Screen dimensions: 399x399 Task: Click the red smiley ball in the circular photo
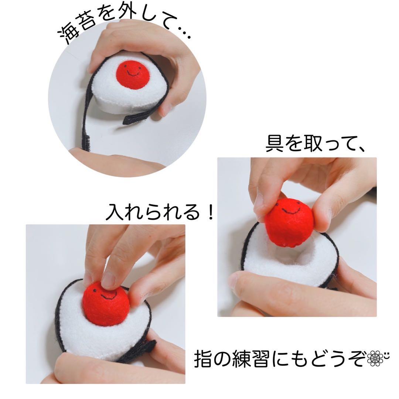[133, 74]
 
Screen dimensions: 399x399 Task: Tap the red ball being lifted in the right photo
[289, 222]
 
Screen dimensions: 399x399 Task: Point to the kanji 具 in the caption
[274, 144]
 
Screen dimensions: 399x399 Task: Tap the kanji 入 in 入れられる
[115, 211]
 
